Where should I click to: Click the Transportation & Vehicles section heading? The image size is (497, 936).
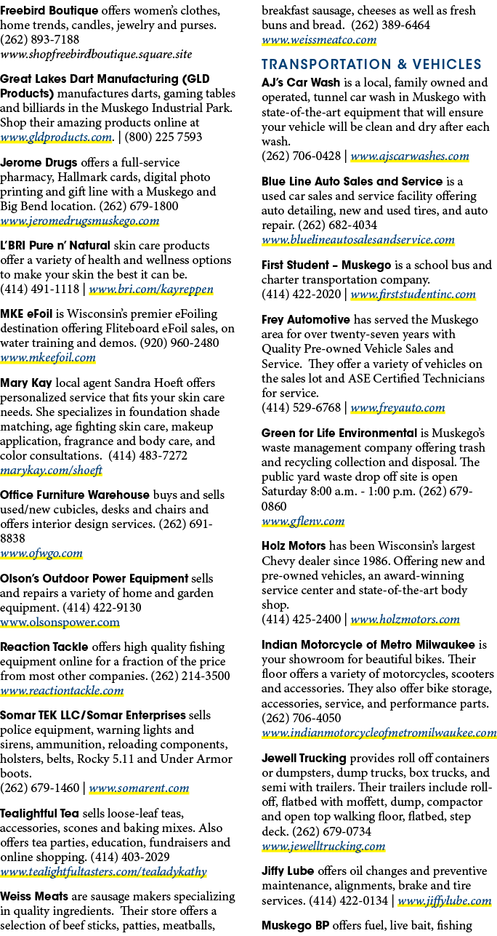click(371, 64)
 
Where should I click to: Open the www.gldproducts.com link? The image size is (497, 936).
click(56, 137)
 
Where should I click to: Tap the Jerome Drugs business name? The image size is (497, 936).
click(39, 163)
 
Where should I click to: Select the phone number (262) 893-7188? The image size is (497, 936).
click(40, 40)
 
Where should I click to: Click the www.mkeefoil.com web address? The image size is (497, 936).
click(48, 358)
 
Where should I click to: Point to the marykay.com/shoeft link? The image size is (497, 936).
click(51, 470)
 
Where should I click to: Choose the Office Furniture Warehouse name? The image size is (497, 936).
click(75, 495)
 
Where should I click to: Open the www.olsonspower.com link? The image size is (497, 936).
click(60, 623)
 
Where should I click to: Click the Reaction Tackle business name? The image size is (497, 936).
click(44, 647)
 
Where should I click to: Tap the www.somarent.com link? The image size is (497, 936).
click(139, 788)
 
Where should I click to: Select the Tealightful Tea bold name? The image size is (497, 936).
click(39, 814)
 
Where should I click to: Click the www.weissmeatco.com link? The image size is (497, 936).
click(319, 40)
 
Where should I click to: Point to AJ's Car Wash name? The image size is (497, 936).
click(301, 83)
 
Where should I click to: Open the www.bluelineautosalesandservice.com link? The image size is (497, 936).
click(358, 240)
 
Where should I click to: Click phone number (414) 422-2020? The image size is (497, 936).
click(302, 294)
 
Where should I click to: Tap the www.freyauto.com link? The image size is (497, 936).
click(397, 407)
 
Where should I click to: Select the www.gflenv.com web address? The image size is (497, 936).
click(303, 521)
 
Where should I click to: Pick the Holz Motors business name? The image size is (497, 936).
click(294, 545)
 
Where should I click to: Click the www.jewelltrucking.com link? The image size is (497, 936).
click(323, 847)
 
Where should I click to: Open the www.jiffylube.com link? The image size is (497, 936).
click(445, 900)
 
